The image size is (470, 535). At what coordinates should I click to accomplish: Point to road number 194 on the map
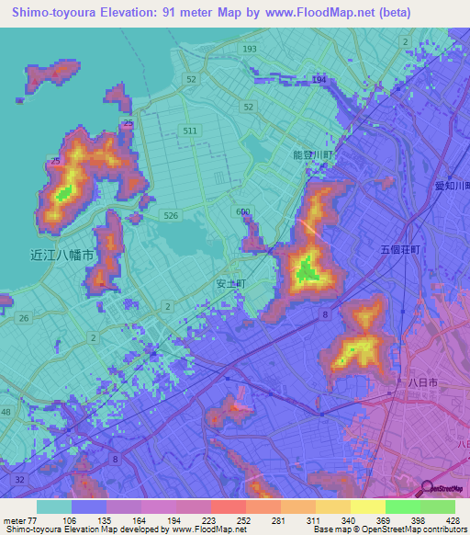pos(319,81)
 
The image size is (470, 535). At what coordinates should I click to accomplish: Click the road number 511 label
pos(190,131)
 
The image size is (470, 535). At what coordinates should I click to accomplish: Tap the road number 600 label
pos(242,212)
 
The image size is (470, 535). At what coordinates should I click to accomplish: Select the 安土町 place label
pos(230,284)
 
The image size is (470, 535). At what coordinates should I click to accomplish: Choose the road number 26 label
pos(23,318)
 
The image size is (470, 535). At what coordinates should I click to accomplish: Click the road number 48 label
pos(6,413)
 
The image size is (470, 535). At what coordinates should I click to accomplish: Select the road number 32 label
pos(18,480)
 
